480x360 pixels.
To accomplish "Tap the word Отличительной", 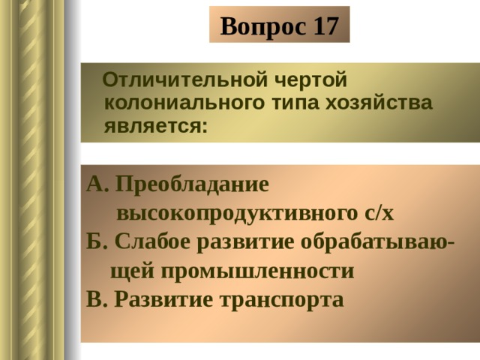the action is [185, 80].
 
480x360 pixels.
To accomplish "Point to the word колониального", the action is [184, 103].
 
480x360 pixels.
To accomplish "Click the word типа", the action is [295, 104].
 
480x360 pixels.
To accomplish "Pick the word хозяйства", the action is [379, 103].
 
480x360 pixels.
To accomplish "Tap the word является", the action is [155, 127].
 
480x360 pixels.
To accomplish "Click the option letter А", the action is [97, 184].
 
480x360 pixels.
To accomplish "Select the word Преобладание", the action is [192, 185].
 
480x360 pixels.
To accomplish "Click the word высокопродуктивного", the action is [237, 214].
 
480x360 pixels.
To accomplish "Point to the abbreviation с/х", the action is [379, 213].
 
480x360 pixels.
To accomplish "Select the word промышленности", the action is [257, 271].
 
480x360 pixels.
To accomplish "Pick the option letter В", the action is [97, 299].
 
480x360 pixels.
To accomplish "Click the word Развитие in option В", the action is [163, 300].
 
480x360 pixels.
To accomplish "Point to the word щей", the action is [132, 271].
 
